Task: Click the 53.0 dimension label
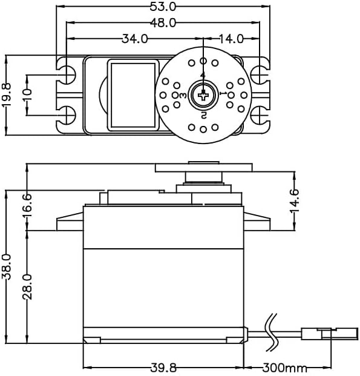pyautogui.click(x=163, y=7)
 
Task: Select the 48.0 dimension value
pyautogui.click(x=163, y=23)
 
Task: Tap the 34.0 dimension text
pyautogui.click(x=134, y=39)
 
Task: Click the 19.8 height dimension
pyautogui.click(x=7, y=95)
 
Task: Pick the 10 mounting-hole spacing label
pyautogui.click(x=27, y=95)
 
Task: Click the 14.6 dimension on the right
pyautogui.click(x=294, y=199)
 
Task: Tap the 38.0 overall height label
pyautogui.click(x=7, y=266)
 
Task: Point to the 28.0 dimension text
pyautogui.click(x=28, y=286)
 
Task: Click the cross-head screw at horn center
pyautogui.click(x=203, y=94)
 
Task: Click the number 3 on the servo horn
pyautogui.click(x=182, y=96)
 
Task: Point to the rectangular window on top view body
pyautogui.click(x=132, y=94)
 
